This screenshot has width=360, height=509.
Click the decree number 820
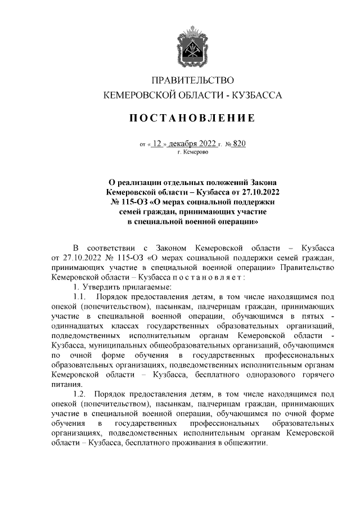(238, 144)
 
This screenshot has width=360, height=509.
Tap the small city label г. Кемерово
(192, 152)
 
